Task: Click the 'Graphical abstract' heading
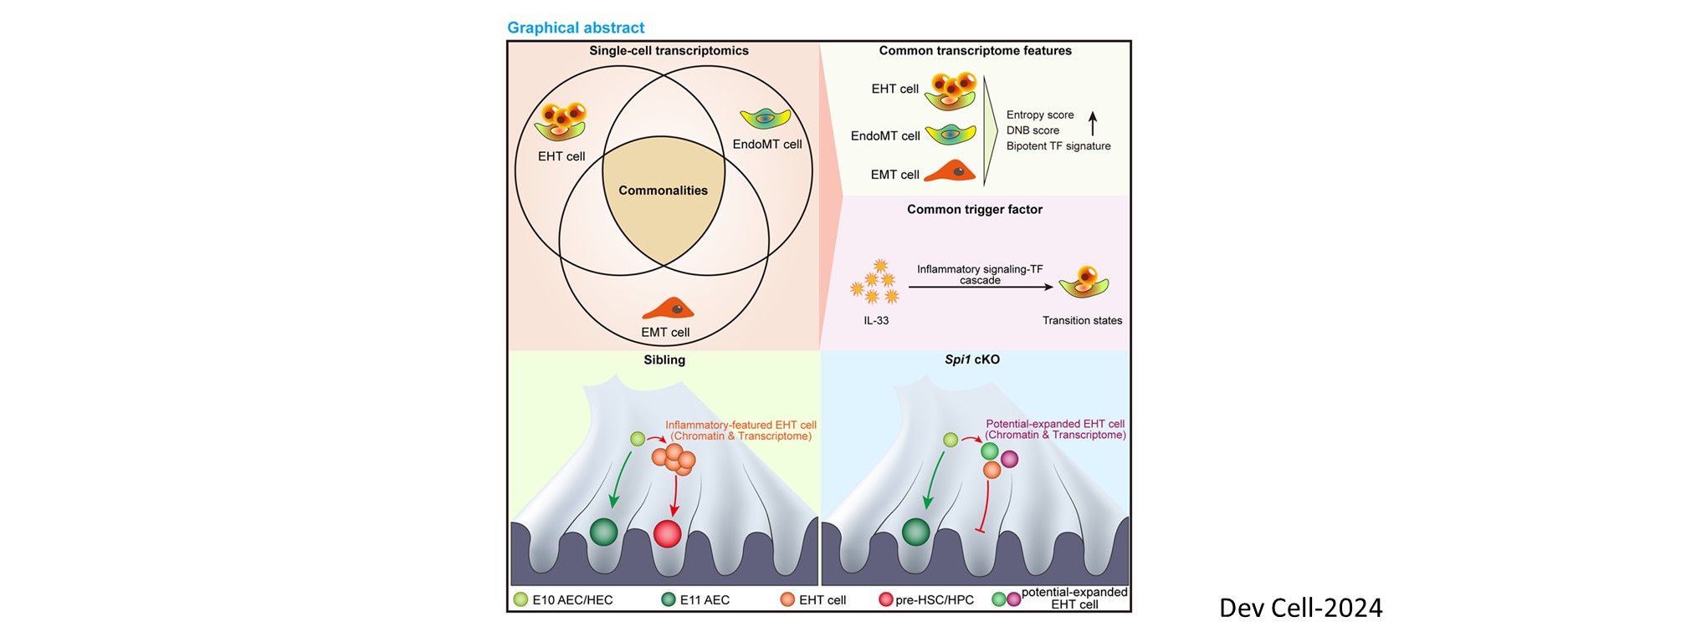tap(576, 28)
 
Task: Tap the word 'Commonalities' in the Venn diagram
tap(663, 191)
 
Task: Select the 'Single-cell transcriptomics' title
tap(669, 51)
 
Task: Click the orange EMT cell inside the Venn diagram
tap(668, 308)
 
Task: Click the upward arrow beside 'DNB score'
tap(1092, 124)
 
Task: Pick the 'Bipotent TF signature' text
tap(1058, 146)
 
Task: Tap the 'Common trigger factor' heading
tap(975, 210)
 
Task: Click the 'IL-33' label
tap(876, 321)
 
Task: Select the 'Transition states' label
tap(1082, 321)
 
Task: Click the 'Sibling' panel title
tap(664, 360)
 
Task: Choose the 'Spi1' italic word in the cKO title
tap(957, 360)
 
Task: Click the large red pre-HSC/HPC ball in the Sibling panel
tap(667, 533)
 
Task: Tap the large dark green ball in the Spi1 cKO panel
tap(915, 532)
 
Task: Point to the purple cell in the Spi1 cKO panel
tap(1010, 459)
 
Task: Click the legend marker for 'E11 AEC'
tap(669, 599)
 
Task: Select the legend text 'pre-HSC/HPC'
tap(934, 600)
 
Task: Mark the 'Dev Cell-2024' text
tap(1300, 608)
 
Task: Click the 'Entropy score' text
tap(1040, 115)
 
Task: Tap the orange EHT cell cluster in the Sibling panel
tap(674, 459)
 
